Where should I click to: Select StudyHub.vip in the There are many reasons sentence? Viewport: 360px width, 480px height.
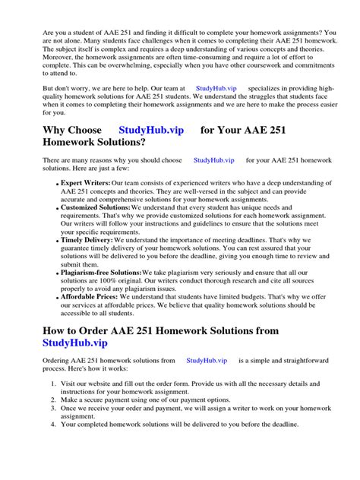click(x=214, y=161)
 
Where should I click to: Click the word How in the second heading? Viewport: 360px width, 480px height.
click(x=56, y=331)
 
